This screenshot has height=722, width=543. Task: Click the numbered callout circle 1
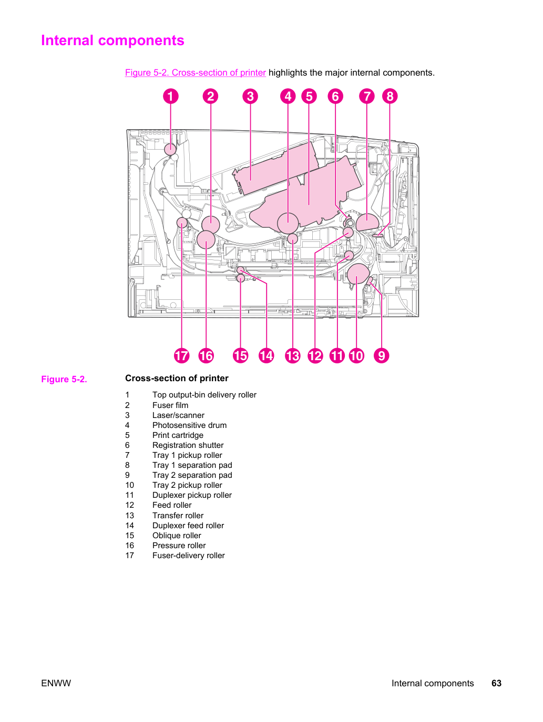click(x=170, y=97)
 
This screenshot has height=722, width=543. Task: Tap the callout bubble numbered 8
click(x=390, y=97)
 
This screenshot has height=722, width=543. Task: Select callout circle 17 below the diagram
click(x=182, y=355)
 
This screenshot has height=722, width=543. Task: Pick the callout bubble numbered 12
click(x=315, y=355)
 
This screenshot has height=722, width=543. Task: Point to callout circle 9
click(x=381, y=355)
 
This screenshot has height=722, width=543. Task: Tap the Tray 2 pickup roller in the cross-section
click(x=358, y=274)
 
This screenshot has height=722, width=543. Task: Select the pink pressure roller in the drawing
click(x=206, y=240)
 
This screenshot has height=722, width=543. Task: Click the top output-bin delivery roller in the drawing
click(x=170, y=149)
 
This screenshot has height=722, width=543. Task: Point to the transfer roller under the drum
click(x=292, y=239)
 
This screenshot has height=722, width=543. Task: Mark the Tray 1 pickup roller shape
click(x=367, y=222)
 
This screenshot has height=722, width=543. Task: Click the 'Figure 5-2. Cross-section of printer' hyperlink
click(x=195, y=72)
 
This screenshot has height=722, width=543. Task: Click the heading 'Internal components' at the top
click(x=112, y=40)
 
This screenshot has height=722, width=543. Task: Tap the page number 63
click(x=496, y=683)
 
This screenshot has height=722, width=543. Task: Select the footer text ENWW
click(x=56, y=683)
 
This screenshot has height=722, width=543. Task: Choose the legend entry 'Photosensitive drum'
click(x=189, y=425)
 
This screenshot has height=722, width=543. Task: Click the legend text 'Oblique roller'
click(x=177, y=536)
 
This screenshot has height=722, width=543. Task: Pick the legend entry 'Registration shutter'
click(x=188, y=445)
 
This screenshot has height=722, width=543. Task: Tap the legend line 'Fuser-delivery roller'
click(x=188, y=556)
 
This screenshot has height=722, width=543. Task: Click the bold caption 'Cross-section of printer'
click(x=177, y=378)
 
